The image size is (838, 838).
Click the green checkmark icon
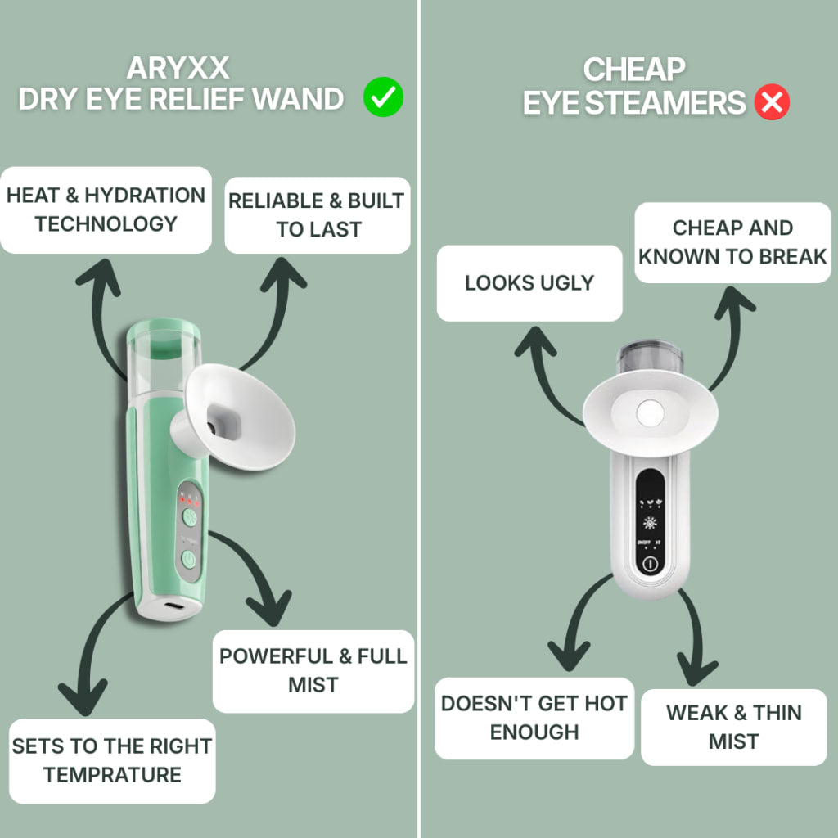click(384, 99)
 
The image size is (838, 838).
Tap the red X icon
click(771, 103)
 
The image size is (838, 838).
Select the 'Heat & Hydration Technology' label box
click(106, 209)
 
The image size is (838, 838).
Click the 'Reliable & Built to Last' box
click(318, 215)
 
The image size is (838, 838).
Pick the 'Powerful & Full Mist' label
click(313, 670)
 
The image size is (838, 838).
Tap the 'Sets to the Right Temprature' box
click(112, 760)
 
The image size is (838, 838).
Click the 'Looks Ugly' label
click(529, 283)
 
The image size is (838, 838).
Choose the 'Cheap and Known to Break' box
click(732, 242)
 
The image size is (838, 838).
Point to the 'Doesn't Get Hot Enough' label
click(534, 718)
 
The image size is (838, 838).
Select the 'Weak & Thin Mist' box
click(734, 727)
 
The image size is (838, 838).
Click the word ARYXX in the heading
click(178, 67)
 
